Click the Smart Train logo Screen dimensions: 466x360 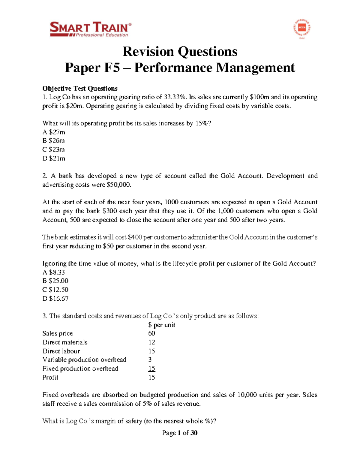[90, 29]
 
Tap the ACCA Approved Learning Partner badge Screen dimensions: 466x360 [301, 29]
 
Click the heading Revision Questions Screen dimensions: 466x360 [180, 52]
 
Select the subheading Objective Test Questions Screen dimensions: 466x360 [80, 89]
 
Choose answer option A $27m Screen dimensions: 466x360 [54, 132]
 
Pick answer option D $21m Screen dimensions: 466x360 [54, 158]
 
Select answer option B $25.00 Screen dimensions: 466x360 [55, 281]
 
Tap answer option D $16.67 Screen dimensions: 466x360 [55, 299]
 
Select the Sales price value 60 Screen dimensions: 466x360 [151, 333]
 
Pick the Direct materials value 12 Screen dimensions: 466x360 [151, 342]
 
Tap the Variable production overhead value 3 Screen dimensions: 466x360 [150, 360]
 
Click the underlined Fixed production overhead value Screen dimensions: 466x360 [151, 368]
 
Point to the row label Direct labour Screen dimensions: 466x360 [61, 351]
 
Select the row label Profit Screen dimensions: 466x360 [50, 377]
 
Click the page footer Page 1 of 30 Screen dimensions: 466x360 [180, 433]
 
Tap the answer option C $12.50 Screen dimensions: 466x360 [55, 290]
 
